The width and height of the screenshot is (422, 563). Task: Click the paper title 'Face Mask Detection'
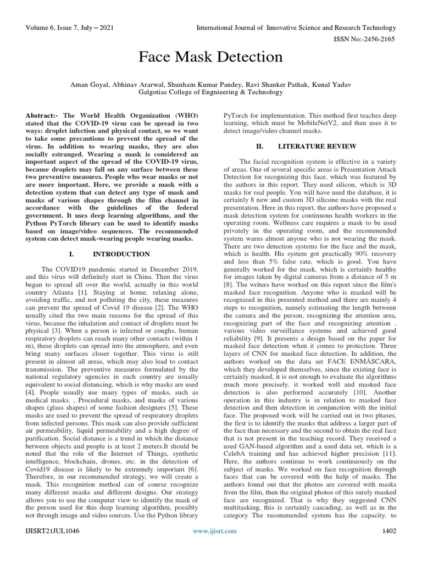(211, 56)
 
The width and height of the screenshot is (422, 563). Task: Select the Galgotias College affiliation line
(211, 92)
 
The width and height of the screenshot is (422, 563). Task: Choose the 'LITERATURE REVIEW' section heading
(318, 146)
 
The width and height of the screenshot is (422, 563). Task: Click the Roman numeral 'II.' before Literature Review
(260, 146)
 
